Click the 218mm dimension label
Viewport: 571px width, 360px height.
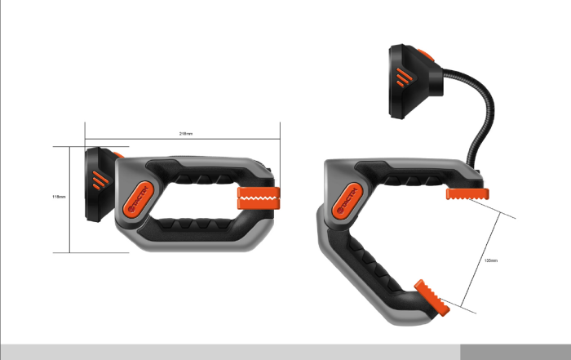coord(186,133)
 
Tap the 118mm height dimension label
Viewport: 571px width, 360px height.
coord(58,197)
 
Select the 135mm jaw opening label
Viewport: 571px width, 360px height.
coord(491,260)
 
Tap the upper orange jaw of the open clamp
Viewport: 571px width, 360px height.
coord(467,193)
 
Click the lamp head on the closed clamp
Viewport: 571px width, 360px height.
coord(100,184)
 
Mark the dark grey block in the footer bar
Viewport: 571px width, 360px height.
coord(515,352)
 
